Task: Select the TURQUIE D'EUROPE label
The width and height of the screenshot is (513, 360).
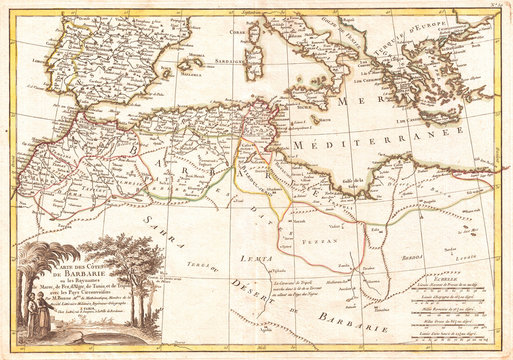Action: click(x=405, y=27)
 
